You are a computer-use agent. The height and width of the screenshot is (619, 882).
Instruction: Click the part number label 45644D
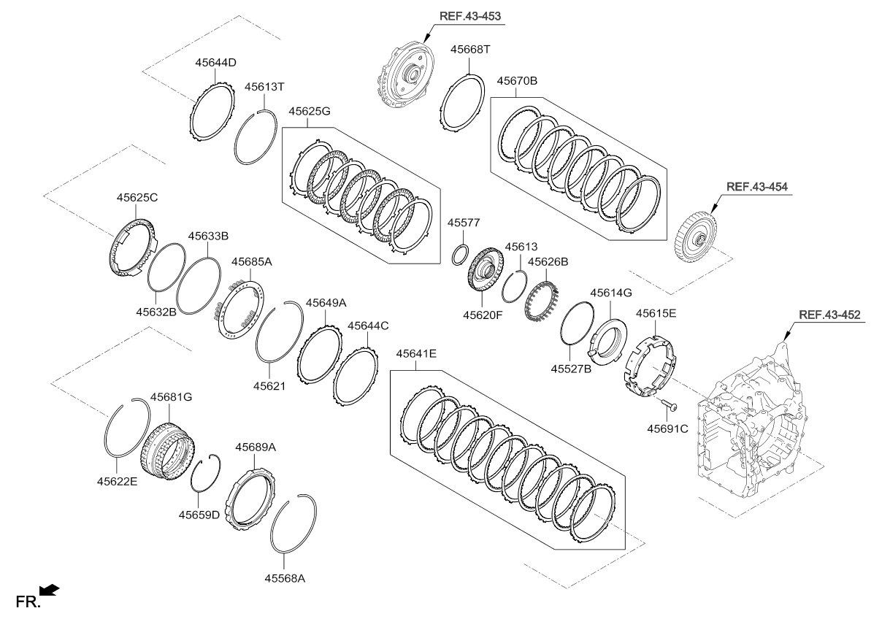coord(215,63)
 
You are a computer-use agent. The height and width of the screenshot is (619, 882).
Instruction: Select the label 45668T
coord(470,50)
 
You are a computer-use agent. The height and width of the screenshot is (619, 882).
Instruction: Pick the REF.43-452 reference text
coord(829,315)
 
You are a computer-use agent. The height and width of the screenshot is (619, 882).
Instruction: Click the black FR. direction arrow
coord(50,590)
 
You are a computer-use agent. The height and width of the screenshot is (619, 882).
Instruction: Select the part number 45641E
coord(416,354)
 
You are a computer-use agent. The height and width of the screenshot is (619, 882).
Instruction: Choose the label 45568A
coord(285,578)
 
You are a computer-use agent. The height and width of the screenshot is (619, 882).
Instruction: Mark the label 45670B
coord(517,81)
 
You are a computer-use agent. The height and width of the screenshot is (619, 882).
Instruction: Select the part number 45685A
coord(252,261)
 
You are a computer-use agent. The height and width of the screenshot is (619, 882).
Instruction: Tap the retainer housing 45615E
coord(650,363)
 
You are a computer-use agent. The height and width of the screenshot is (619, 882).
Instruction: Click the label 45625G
coord(309,112)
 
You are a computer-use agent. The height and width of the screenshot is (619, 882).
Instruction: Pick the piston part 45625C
coord(132,244)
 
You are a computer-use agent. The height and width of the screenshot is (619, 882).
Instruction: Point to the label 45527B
coord(570,369)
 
